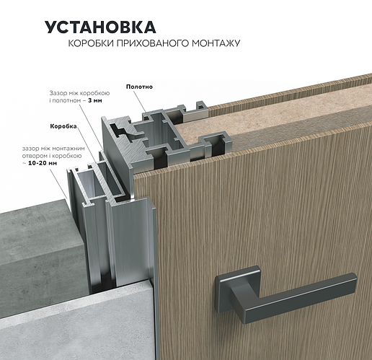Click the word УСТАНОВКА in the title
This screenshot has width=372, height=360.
click(100, 27)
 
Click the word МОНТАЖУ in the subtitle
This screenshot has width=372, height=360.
click(216, 43)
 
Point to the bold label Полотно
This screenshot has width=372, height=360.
click(139, 87)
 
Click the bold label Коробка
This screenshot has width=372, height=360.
click(63, 126)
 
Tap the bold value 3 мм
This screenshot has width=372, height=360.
click(95, 100)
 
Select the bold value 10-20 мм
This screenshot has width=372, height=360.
click(43, 163)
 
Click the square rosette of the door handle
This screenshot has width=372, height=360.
click(238, 289)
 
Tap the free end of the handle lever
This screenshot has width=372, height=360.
click(353, 279)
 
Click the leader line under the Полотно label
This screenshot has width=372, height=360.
click(139, 102)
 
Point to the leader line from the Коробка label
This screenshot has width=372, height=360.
click(88, 146)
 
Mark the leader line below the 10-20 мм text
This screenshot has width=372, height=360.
click(58, 183)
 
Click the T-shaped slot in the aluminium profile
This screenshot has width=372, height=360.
click(123, 132)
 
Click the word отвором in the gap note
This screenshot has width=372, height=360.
click(31, 156)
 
